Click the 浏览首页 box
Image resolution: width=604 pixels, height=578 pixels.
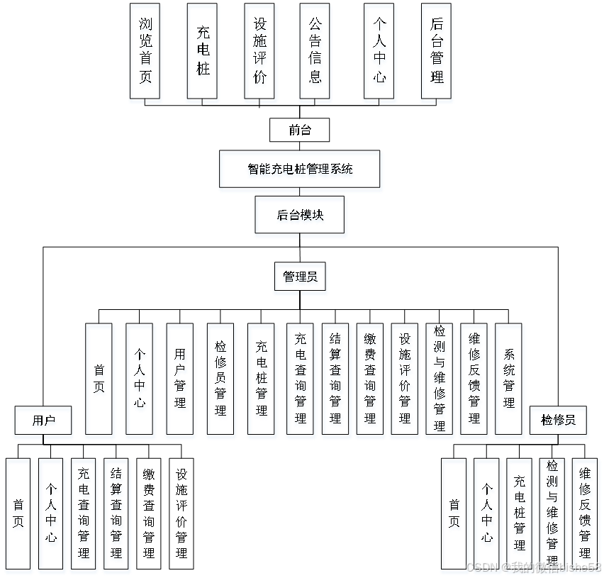[145, 54]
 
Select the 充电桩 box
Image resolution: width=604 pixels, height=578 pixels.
[203, 54]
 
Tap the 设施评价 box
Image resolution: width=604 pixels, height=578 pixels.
[260, 54]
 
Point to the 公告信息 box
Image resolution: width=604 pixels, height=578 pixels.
[315, 54]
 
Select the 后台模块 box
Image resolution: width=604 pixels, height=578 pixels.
[301, 216]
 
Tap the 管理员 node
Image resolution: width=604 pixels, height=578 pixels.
[301, 279]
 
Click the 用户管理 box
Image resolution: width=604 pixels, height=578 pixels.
[180, 381]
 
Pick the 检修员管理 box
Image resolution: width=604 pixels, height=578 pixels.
[221, 381]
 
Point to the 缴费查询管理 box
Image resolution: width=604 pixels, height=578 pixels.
[370, 381]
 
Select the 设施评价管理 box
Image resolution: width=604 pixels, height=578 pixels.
[405, 381]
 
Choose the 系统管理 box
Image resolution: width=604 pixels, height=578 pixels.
[510, 381]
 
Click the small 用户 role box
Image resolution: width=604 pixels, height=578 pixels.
[43, 422]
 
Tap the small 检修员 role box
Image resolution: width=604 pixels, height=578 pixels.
[559, 422]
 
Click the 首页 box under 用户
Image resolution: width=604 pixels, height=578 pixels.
[18, 516]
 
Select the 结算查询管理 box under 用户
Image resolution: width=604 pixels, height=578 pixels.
[117, 516]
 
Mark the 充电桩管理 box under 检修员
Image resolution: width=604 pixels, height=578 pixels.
[521, 516]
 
